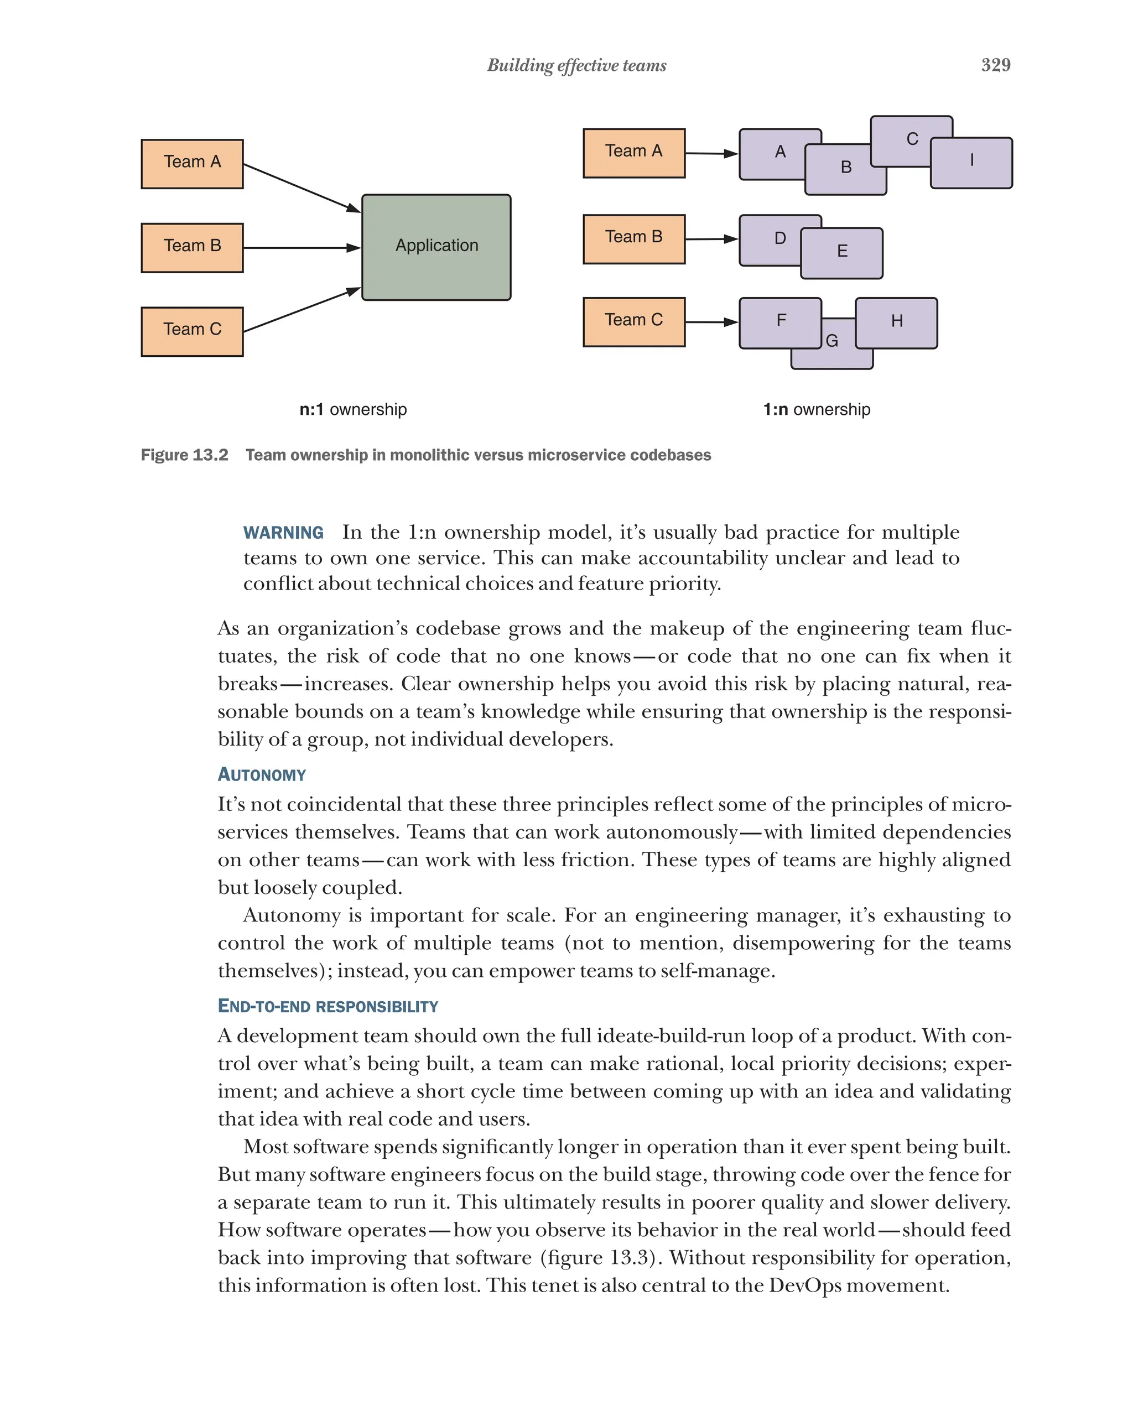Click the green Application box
(x=436, y=247)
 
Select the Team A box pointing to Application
(x=192, y=164)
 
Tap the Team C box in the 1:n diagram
(x=633, y=321)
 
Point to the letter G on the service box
(x=832, y=341)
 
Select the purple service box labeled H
(x=896, y=322)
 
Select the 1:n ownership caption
(x=816, y=409)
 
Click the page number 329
(x=995, y=65)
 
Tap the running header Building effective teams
(x=576, y=65)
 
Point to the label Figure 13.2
(x=185, y=455)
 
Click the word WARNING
(x=283, y=533)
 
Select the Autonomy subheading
(x=262, y=774)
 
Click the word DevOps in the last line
(x=805, y=1285)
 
